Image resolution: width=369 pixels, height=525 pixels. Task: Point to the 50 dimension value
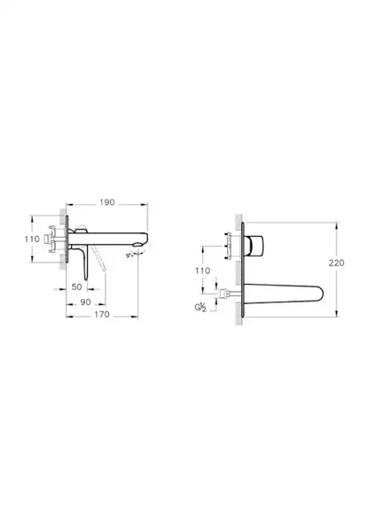76,288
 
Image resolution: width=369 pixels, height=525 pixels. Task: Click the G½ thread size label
201,307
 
